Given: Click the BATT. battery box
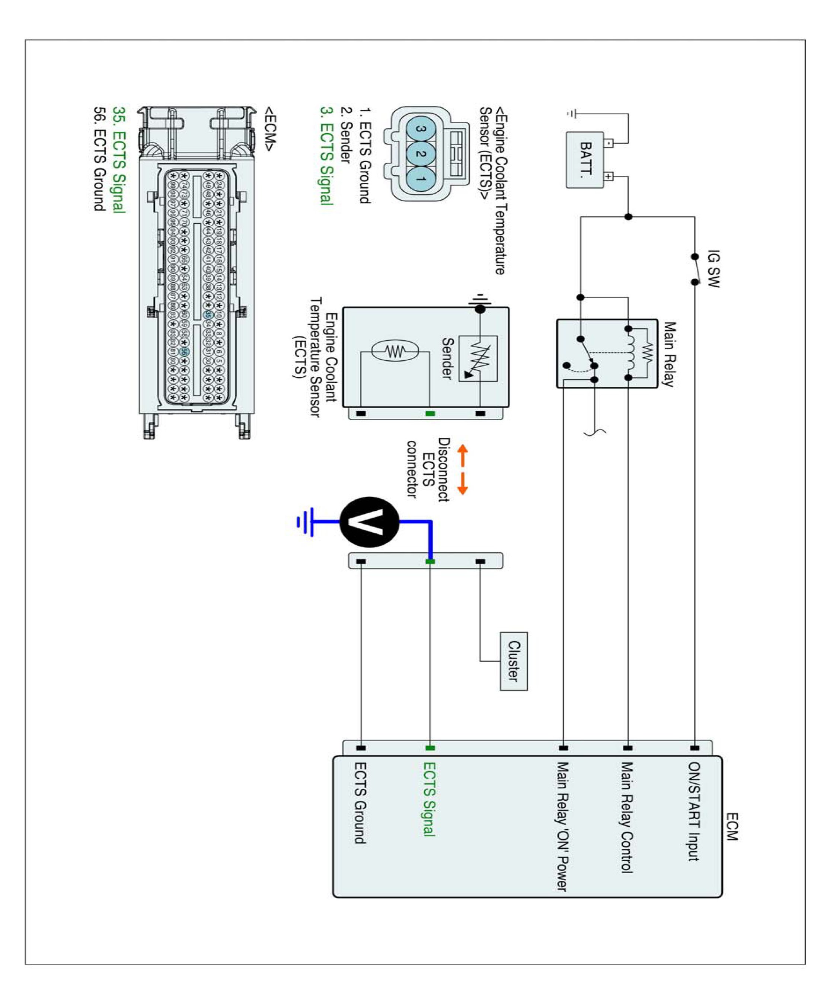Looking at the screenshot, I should (584, 160).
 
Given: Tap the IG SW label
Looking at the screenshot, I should (713, 269).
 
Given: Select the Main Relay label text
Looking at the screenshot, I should (669, 354).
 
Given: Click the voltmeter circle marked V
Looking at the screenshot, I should (369, 522).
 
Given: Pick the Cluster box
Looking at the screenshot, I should (514, 661).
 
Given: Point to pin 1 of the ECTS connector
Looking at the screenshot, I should (421, 179).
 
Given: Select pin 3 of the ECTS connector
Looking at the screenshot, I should (421, 129).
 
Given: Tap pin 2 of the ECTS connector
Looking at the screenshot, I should (421, 154).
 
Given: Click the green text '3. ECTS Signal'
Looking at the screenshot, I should (326, 156).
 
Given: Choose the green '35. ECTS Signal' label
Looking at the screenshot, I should (119, 160).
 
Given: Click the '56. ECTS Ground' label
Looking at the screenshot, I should (99, 159).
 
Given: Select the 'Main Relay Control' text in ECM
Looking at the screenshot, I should (627, 817).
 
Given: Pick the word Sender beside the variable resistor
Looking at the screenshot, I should (447, 358).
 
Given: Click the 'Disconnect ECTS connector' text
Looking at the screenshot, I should (428, 469).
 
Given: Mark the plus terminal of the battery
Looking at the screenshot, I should (608, 176).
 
